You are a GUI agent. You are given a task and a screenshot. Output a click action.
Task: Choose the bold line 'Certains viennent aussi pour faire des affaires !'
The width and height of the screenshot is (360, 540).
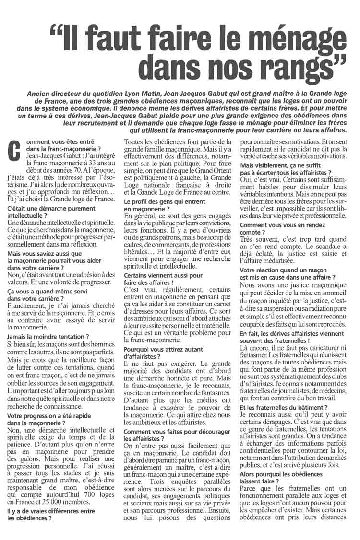coord(163,280)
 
